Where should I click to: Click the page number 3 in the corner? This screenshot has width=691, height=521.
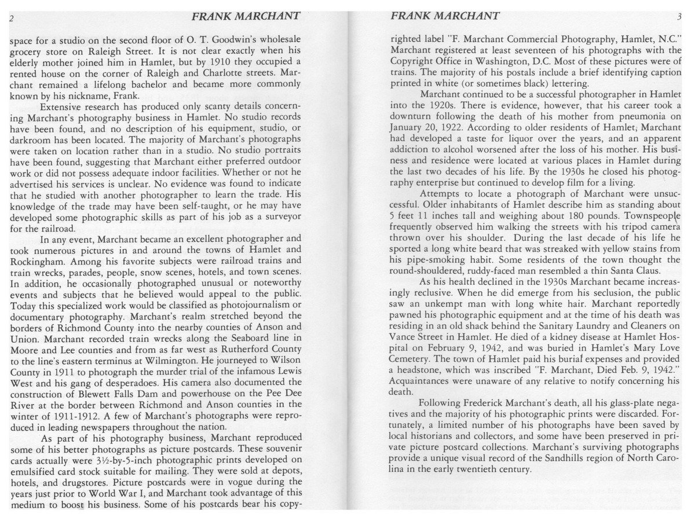(679, 17)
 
